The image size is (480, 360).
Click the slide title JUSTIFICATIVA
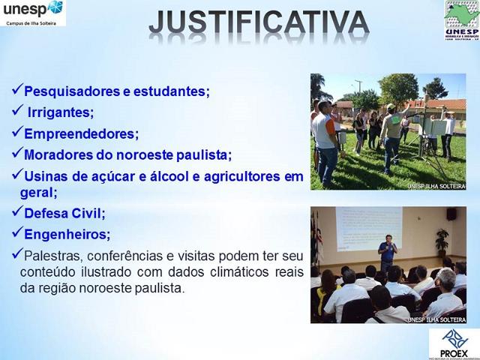point(259,22)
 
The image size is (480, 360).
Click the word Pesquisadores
point(67,91)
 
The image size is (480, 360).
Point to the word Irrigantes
point(60,112)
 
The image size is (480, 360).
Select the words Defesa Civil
point(64,213)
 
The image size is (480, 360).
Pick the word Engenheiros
point(67,234)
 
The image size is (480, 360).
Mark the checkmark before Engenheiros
point(16,232)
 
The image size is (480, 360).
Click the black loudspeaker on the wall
point(451,214)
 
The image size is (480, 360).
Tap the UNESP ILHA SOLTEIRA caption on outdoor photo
point(436,185)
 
